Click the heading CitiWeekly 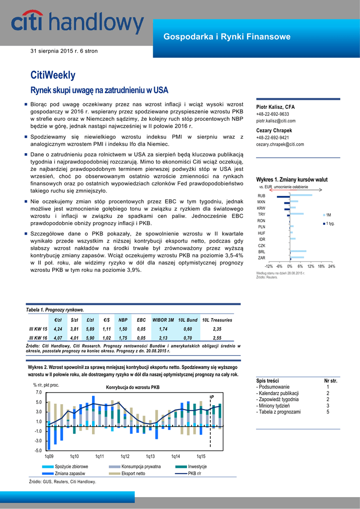53,75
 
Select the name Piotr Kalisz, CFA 275,107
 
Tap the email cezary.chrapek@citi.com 280,145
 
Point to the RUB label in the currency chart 261,196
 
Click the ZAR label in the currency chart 261,258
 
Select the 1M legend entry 328,215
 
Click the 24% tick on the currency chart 331,266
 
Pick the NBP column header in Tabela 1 123,320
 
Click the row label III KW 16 38,338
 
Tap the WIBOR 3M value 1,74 163,329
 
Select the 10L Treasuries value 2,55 217,338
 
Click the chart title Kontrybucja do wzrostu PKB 133,387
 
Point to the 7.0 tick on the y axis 38,393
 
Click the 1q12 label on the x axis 125,456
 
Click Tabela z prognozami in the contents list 278,412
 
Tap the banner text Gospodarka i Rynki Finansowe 227,37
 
